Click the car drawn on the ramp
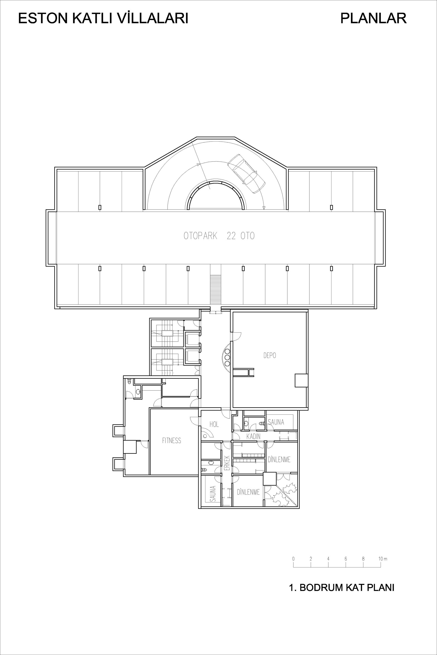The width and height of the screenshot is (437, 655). coord(246,173)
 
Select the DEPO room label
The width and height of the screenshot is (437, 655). coord(269,356)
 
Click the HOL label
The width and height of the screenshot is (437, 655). coord(214,424)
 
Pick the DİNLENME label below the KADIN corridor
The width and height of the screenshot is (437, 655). coord(279,460)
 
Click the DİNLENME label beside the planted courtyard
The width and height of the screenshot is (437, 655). coord(248,492)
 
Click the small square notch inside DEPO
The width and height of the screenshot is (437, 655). coord(301,380)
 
